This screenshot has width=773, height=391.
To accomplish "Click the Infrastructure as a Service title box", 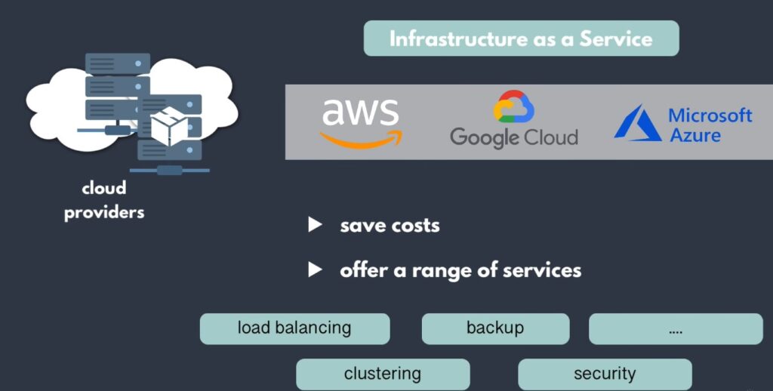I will (x=521, y=38).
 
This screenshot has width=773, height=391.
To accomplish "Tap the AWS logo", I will (x=360, y=122).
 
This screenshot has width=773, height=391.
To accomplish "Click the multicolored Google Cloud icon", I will (x=513, y=108).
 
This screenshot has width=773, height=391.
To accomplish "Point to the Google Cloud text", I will (x=513, y=137).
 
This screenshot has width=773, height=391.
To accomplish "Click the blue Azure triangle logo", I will (x=637, y=123).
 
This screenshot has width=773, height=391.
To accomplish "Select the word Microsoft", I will (x=710, y=115).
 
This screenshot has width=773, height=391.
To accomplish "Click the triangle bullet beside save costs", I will (x=316, y=225).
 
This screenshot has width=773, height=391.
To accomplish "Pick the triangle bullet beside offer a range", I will (x=316, y=269).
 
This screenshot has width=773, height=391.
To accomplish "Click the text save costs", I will (x=390, y=225).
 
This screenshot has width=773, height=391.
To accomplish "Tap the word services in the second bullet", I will (x=544, y=270).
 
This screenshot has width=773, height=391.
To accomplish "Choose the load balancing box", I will (x=294, y=328).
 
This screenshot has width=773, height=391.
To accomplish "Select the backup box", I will (x=495, y=328).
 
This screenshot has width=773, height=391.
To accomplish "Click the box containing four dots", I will (x=676, y=329).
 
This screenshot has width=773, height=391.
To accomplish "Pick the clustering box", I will (x=383, y=374).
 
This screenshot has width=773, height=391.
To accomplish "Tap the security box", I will (x=605, y=374).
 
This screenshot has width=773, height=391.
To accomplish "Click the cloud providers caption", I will (x=104, y=200).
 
